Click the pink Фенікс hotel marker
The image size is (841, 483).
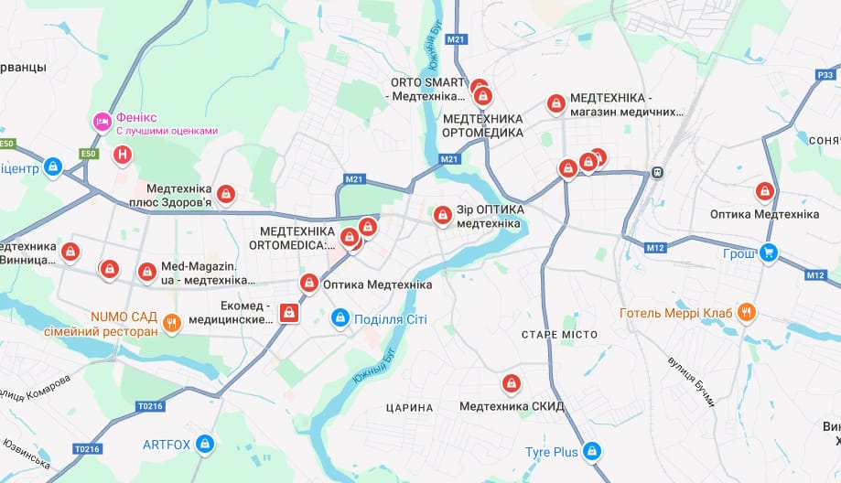102,121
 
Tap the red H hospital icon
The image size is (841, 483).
121,155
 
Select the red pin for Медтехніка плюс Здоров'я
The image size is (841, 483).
225,194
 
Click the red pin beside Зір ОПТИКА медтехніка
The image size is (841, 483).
442,215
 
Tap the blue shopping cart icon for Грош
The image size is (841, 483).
769,253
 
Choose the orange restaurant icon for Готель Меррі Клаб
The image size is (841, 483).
747,313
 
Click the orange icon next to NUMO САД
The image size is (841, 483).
171,322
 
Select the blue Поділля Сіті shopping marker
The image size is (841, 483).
340,318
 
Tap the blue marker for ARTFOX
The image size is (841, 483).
205,445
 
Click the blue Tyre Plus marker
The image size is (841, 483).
592,451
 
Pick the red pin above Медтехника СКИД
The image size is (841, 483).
511,382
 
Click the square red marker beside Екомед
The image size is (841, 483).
289,314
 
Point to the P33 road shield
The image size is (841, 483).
824,74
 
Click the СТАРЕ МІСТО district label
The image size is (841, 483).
552,335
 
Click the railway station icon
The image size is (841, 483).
656,173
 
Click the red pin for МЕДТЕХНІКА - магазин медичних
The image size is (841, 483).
555,104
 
